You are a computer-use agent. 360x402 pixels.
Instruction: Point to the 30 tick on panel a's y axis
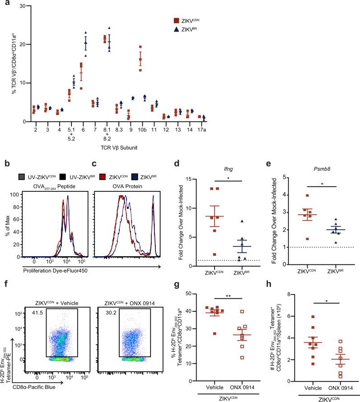[x=21, y=5]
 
